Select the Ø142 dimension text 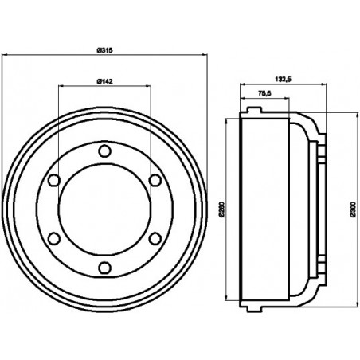click(103, 80)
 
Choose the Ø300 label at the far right click(351, 210)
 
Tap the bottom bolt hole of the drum click(103, 268)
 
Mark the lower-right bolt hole click(153, 239)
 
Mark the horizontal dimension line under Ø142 click(103, 86)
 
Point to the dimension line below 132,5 click(280, 84)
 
